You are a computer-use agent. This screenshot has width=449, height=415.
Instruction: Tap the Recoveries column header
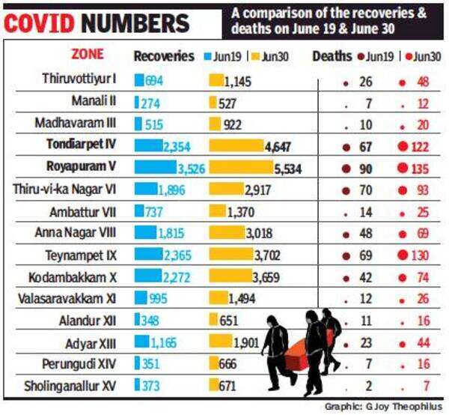164,56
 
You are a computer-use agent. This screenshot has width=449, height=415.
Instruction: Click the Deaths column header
332,56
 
